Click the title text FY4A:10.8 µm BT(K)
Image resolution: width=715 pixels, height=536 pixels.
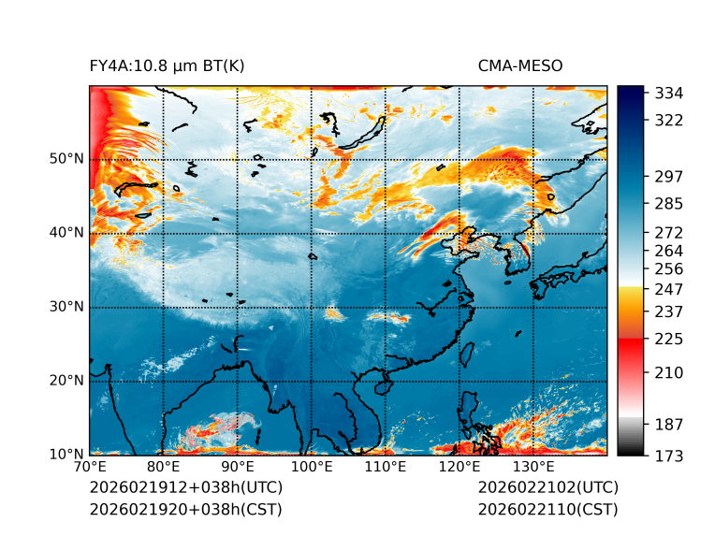(x=167, y=65)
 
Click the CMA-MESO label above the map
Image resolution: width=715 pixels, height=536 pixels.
(x=520, y=65)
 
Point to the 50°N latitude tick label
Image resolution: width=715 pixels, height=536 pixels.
(x=66, y=159)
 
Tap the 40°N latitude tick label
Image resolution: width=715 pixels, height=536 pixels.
(x=66, y=233)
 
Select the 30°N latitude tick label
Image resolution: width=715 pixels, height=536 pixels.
(x=66, y=307)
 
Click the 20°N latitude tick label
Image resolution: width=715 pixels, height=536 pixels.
(x=66, y=381)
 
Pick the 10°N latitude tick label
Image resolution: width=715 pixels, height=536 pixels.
(x=66, y=455)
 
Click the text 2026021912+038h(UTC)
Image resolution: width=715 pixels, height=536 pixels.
(x=185, y=488)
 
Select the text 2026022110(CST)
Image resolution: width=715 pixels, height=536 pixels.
(x=547, y=510)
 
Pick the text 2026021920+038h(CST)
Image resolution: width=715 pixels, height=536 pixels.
(x=185, y=510)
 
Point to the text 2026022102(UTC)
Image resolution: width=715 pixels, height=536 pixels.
(x=547, y=488)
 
